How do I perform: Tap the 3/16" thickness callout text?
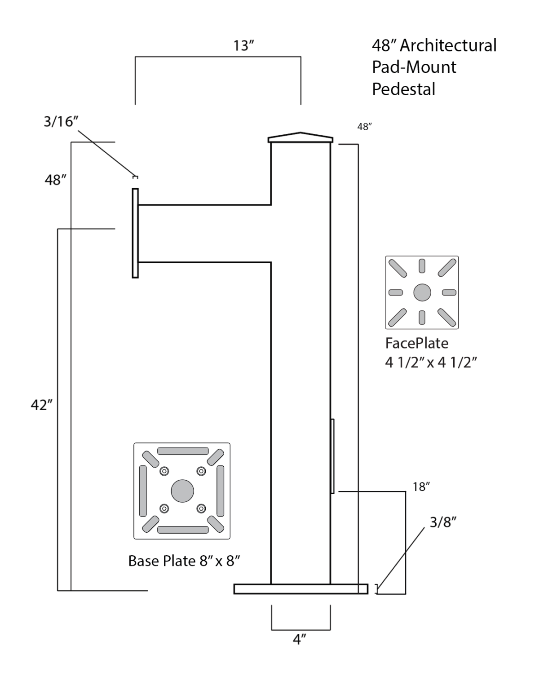(x=61, y=121)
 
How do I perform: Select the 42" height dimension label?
(x=41, y=405)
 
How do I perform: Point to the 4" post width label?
(x=300, y=639)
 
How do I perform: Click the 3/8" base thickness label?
(x=443, y=522)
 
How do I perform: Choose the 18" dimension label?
(x=421, y=487)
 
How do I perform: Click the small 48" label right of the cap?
(x=365, y=127)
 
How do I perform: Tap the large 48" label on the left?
(x=56, y=180)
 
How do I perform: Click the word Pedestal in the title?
(x=403, y=89)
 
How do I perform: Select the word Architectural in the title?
(x=448, y=45)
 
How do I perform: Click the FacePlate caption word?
(x=416, y=343)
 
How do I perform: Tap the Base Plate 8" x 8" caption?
(x=184, y=561)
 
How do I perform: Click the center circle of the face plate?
(x=422, y=292)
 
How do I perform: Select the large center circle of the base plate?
(x=182, y=491)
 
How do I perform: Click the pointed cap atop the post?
(x=301, y=137)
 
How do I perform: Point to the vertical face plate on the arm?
(x=135, y=233)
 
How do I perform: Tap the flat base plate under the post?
(x=301, y=589)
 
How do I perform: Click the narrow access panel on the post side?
(x=332, y=456)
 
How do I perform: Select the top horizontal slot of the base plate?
(x=183, y=451)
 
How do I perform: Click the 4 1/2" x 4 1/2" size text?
(x=430, y=362)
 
